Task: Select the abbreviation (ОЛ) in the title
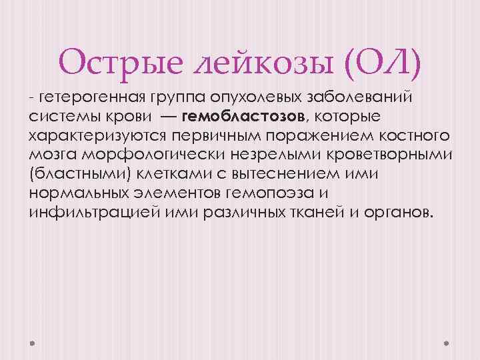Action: [383, 62]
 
